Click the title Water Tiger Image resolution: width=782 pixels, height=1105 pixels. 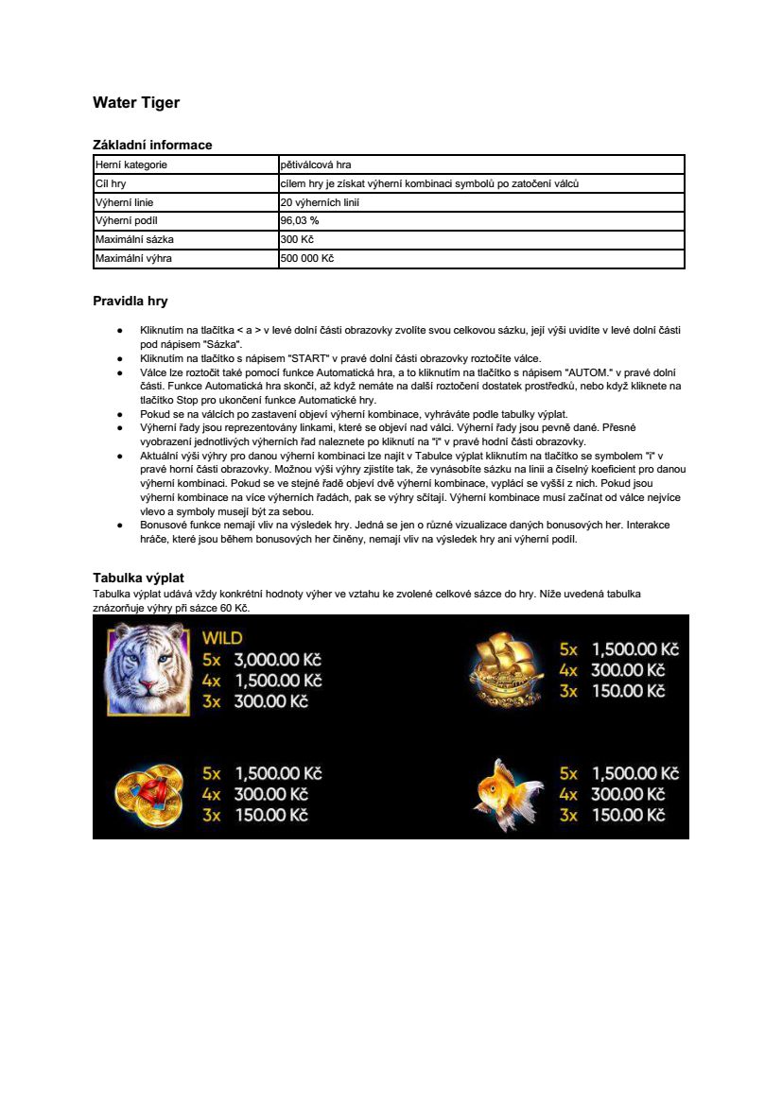point(136,102)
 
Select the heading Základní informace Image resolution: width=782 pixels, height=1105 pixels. point(152,145)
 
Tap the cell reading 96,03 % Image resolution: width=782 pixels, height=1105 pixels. point(300,220)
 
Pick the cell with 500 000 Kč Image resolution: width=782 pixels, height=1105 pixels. point(307,258)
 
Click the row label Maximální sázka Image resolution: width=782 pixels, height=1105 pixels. point(134,239)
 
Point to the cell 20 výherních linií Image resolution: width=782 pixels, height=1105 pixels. point(320,201)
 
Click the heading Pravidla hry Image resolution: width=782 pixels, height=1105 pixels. point(130,302)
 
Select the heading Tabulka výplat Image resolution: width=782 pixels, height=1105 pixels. point(138,577)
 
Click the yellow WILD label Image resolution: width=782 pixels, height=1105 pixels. point(221,638)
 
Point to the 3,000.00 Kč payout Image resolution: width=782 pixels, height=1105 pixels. point(278,659)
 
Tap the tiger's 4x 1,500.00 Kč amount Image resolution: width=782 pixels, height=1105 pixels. point(278,681)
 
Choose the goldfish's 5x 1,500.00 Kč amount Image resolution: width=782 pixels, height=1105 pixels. point(635,773)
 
